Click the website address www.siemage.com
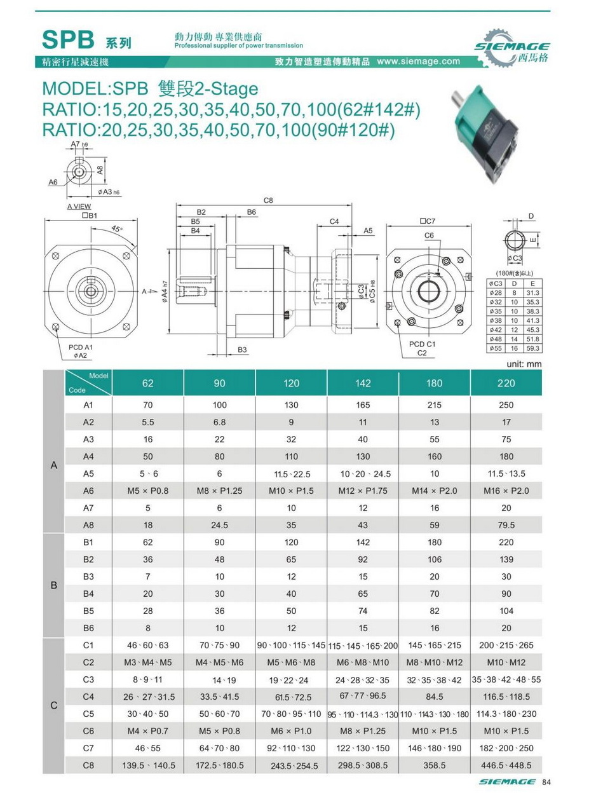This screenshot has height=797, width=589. tap(418, 62)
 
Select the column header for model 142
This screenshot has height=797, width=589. tap(362, 383)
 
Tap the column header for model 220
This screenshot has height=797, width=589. tap(506, 383)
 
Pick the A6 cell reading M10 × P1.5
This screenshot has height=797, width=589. tap(291, 491)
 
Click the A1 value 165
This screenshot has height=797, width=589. tap(362, 404)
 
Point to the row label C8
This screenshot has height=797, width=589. tap(88, 765)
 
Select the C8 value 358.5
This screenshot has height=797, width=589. tap(435, 765)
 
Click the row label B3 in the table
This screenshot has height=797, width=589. tap(88, 576)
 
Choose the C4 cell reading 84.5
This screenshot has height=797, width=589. tap(435, 697)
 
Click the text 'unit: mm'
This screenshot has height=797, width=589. tap(524, 364)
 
